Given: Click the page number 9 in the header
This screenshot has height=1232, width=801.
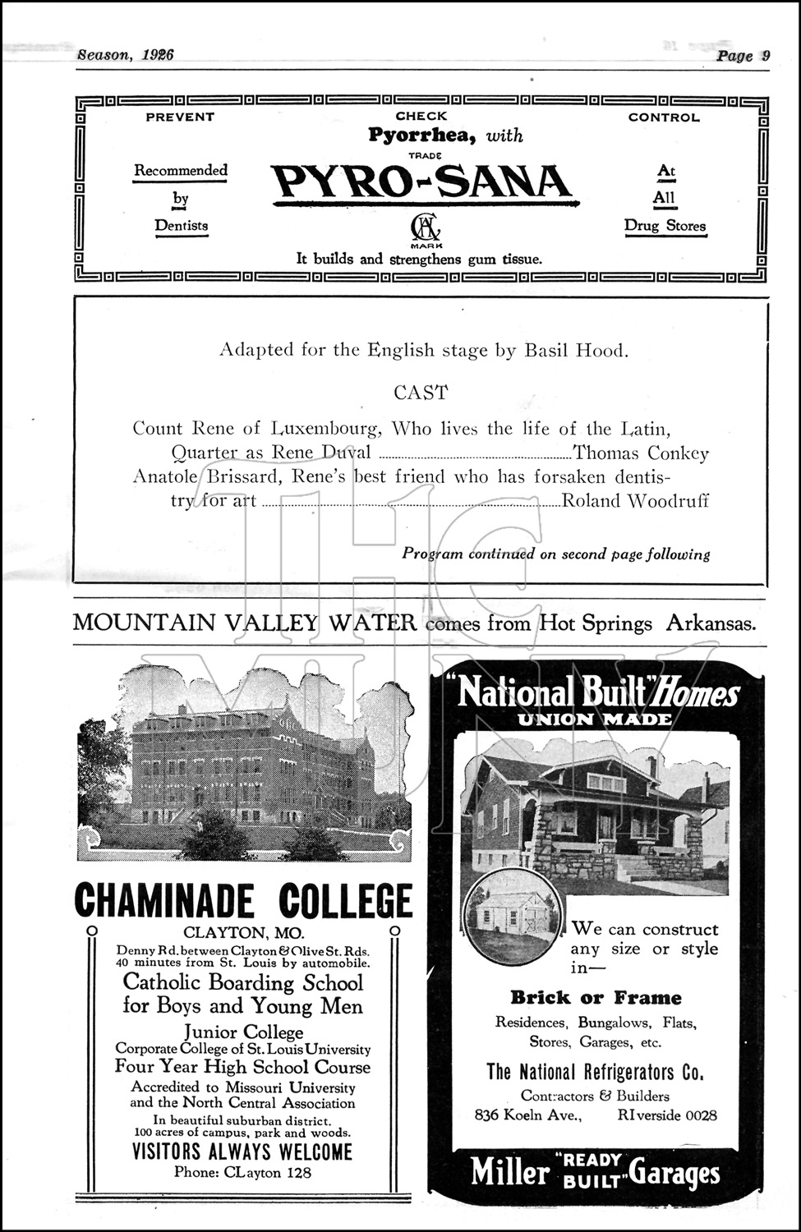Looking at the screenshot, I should (x=765, y=56).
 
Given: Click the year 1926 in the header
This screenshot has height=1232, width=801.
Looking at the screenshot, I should (x=157, y=55).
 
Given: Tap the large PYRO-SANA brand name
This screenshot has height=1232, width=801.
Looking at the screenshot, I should (x=421, y=182).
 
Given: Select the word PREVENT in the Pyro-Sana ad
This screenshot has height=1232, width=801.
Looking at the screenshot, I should (x=180, y=117).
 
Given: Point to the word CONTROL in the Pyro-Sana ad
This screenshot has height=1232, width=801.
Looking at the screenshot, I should (x=664, y=117).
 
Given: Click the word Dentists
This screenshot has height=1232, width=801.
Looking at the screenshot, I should (x=182, y=226).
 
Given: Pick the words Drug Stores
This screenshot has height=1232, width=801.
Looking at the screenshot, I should (x=665, y=226).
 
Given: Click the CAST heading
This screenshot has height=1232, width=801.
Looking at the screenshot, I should (x=421, y=393).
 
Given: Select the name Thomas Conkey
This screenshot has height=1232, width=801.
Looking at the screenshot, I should (x=641, y=453).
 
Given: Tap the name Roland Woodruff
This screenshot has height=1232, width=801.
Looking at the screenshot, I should (x=635, y=501).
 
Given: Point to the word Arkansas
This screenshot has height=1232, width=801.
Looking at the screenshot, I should (x=710, y=623).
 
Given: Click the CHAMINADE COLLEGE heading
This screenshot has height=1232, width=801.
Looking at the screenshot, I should (x=243, y=900).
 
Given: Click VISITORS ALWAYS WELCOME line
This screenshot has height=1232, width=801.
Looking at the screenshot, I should (x=242, y=1152).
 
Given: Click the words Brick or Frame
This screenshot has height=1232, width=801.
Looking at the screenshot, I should (x=596, y=998).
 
